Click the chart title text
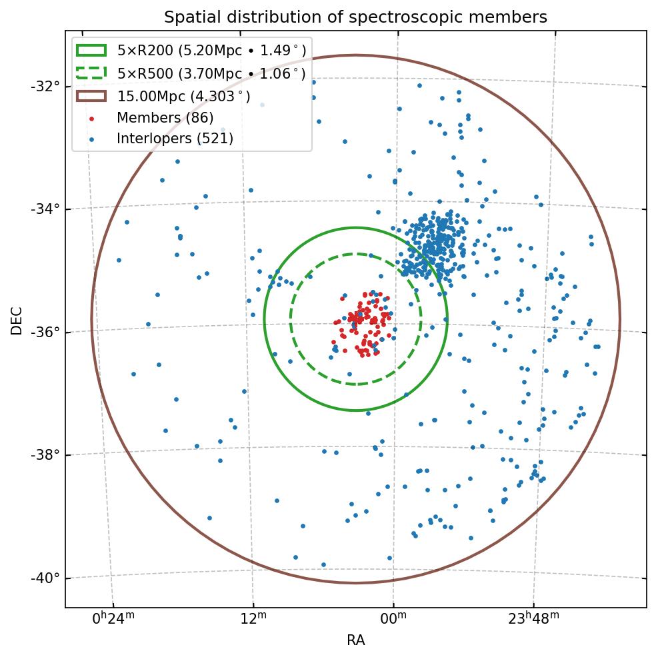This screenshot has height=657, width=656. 355,17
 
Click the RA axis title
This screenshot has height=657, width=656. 355,641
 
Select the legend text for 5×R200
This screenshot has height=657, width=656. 211,50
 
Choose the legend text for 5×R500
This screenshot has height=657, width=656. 211,73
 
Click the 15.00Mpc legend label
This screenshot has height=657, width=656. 184,97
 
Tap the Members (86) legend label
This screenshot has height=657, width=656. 165,118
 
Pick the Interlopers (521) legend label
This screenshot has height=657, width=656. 175,139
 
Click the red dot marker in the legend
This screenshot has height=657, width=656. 91,119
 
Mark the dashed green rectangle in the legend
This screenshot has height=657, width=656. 91,73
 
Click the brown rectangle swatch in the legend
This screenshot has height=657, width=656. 91,97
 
